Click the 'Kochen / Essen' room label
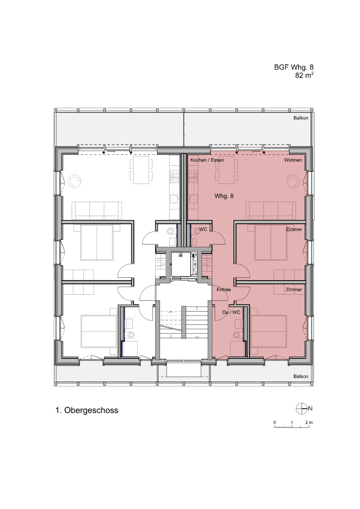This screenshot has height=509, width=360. (x=207, y=160)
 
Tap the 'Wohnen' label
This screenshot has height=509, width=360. (x=293, y=160)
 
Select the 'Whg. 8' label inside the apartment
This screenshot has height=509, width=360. (x=224, y=196)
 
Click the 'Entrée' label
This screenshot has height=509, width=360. (x=224, y=289)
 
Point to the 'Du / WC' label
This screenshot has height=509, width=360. (x=231, y=312)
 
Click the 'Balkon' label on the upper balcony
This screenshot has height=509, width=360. (x=301, y=118)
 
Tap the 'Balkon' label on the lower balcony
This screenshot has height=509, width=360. (x=301, y=376)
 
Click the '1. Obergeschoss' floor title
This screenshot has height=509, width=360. (x=87, y=410)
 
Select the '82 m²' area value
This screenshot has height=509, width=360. (x=304, y=75)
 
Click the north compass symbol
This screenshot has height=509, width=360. (x=301, y=408)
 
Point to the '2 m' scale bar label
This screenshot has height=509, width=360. (x=309, y=422)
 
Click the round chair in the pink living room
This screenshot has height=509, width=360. (x=293, y=181)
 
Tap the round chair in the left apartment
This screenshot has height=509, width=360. (x=74, y=181)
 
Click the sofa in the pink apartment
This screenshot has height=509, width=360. (x=271, y=210)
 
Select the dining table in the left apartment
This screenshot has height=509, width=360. (x=141, y=170)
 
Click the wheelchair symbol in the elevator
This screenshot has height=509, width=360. (x=181, y=255)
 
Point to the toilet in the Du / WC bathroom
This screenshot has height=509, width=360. (x=237, y=335)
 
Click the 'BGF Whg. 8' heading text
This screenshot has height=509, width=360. (x=294, y=67)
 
